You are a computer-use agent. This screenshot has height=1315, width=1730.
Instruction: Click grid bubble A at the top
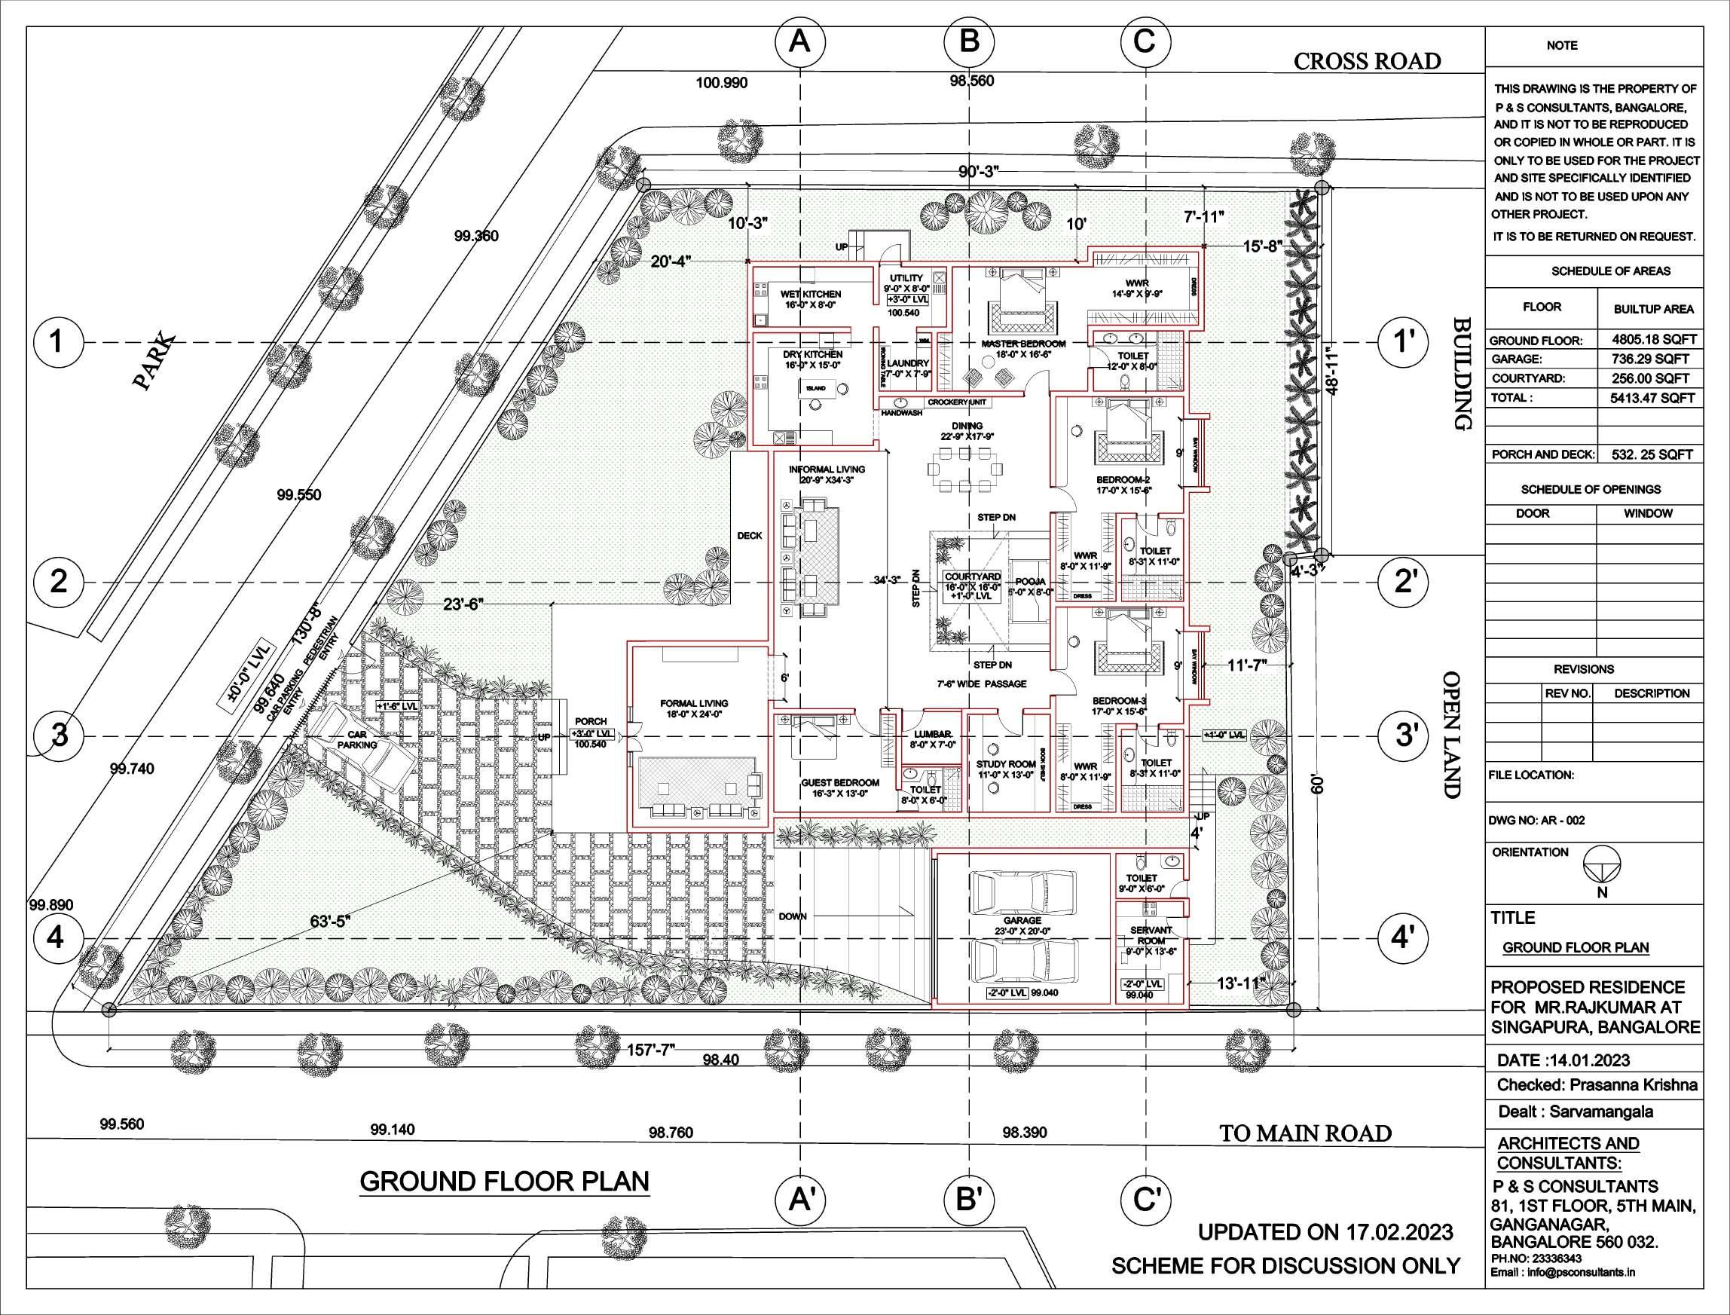[799, 41]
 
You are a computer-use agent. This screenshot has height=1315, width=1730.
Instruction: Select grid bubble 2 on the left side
[59, 583]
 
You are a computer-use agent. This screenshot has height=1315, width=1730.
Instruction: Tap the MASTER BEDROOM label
[1023, 344]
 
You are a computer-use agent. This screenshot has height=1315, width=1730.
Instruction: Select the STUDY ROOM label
[1005, 764]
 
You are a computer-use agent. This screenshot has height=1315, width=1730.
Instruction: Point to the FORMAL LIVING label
[693, 703]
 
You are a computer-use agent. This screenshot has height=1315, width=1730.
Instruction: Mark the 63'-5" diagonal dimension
[329, 922]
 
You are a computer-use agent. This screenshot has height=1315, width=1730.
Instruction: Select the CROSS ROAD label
[1366, 61]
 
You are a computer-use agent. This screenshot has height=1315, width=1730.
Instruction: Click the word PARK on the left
[154, 362]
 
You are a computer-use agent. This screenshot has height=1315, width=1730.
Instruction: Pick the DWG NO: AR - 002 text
[1537, 821]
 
